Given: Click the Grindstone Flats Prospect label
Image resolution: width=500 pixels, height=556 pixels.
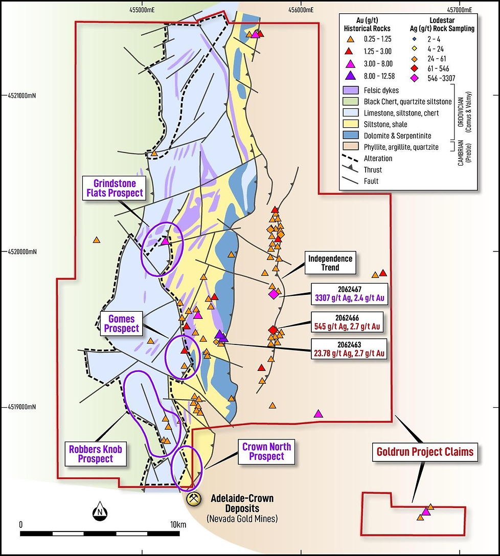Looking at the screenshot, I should [118, 188].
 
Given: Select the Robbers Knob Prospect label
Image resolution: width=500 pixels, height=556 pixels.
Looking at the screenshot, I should [95, 453].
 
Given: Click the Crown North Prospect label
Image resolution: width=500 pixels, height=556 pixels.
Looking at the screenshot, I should [266, 451].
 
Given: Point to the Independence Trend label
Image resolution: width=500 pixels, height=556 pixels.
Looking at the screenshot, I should [330, 263].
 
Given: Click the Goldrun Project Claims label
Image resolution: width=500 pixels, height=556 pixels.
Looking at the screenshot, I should [425, 452].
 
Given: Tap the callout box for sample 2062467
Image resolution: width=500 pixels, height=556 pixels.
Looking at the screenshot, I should [350, 294].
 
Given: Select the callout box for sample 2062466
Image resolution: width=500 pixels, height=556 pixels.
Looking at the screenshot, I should [350, 320].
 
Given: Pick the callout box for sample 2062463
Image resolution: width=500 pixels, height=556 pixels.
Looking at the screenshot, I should [350, 347].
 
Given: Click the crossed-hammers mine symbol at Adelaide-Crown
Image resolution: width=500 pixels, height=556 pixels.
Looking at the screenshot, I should [194, 499].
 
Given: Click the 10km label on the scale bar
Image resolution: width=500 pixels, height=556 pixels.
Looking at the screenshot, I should [178, 525].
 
